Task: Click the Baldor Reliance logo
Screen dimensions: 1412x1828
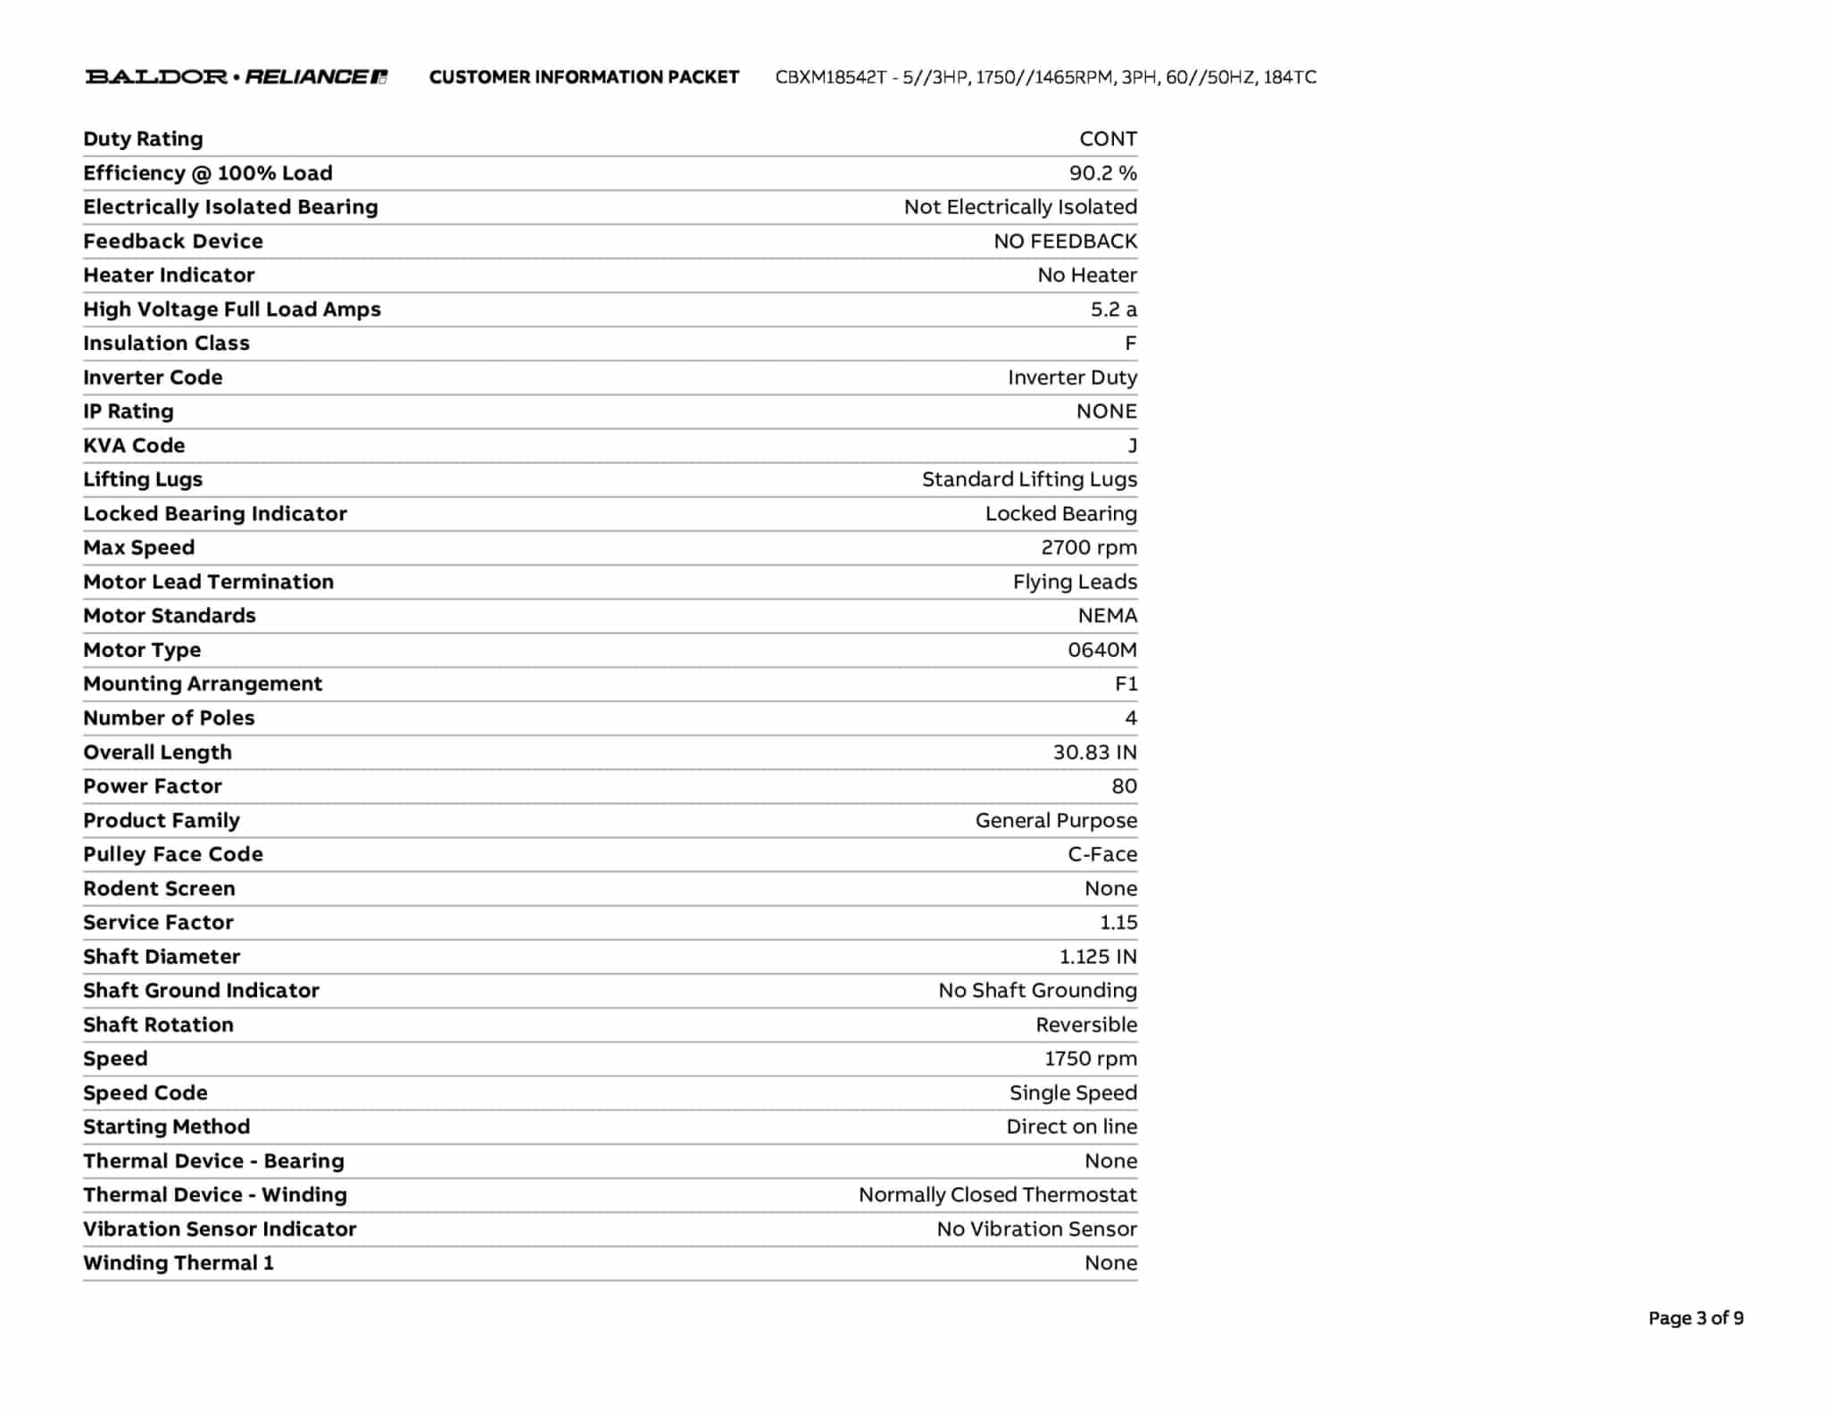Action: (x=236, y=77)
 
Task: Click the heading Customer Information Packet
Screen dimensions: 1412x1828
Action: (x=584, y=78)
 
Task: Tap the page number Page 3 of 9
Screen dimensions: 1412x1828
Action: (x=1695, y=1318)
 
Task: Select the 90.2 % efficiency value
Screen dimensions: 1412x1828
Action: (x=1102, y=173)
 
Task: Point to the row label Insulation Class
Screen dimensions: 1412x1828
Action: (x=166, y=344)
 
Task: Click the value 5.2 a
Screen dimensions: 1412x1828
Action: (x=1113, y=310)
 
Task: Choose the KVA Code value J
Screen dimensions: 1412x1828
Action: (x=1132, y=446)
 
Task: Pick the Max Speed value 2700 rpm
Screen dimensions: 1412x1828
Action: (x=1088, y=548)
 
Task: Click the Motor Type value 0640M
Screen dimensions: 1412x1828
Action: (x=1101, y=650)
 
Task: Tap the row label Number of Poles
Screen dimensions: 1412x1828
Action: (x=169, y=718)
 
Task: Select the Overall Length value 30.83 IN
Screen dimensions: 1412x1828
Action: (x=1094, y=752)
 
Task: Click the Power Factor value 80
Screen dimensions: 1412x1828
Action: (x=1124, y=786)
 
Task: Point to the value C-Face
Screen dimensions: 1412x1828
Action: (x=1101, y=854)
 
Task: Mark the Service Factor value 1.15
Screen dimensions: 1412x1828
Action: (x=1118, y=923)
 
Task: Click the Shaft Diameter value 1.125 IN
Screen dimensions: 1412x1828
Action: (x=1097, y=957)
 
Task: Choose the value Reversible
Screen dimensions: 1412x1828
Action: (x=1085, y=1025)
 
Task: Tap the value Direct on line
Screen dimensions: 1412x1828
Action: (x=1071, y=1127)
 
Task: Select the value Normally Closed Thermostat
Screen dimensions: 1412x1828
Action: (x=997, y=1195)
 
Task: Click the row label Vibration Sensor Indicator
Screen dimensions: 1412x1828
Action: (x=220, y=1229)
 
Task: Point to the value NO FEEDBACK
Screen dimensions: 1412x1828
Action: (x=1065, y=242)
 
